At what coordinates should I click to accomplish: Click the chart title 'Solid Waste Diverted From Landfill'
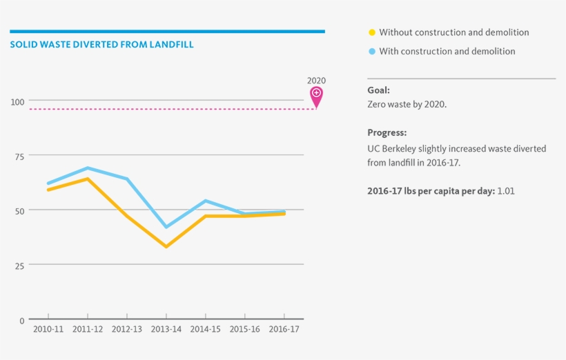(101, 45)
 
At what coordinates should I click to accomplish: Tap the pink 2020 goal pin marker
(316, 95)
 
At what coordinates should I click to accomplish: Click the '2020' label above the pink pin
(316, 80)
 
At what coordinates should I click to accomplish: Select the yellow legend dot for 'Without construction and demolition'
(372, 32)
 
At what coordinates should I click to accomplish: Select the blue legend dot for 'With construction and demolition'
(372, 52)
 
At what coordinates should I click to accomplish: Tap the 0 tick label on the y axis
(21, 321)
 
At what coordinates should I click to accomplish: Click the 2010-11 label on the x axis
(48, 330)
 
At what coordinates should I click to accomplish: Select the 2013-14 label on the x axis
(166, 330)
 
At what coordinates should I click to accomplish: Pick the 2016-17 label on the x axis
(284, 330)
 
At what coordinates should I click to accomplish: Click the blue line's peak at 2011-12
(88, 168)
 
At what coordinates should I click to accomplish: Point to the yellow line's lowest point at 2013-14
(166, 246)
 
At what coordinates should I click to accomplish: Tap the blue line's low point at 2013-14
(166, 227)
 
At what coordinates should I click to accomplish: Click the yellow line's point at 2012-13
(127, 216)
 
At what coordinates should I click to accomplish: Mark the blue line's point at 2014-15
(206, 201)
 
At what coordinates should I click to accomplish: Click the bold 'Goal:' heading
(378, 90)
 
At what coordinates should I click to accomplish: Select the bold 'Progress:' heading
(387, 133)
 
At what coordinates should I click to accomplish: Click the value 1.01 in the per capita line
(506, 191)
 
